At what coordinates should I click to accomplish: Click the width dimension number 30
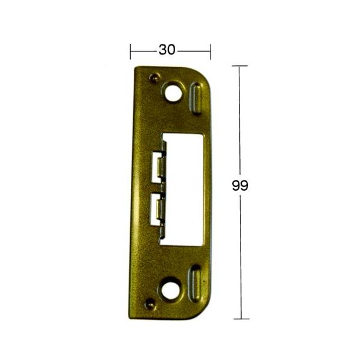click(167, 50)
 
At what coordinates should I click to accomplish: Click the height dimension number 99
click(240, 185)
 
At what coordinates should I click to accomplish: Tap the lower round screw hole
click(170, 289)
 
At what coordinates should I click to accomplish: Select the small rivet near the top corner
click(154, 78)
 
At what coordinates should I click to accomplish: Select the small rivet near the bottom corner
click(150, 304)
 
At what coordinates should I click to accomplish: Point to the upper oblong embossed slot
click(196, 98)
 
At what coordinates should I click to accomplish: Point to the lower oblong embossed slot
click(194, 284)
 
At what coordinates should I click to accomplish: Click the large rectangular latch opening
click(184, 190)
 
